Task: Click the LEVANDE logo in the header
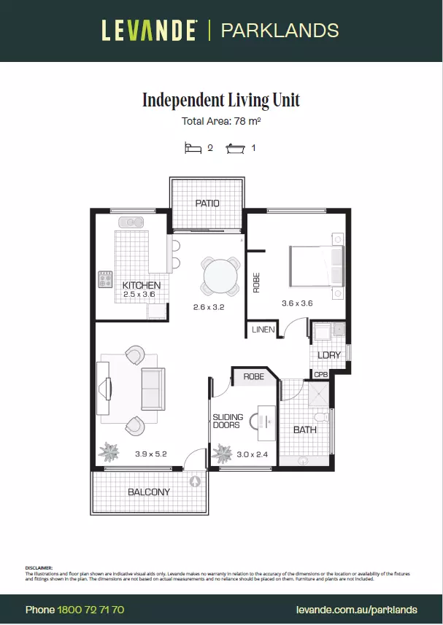[149, 31]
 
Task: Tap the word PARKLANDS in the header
[280, 31]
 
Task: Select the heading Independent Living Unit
[221, 100]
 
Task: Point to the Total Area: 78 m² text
[221, 122]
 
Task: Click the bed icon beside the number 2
[193, 147]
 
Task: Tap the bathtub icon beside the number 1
[236, 147]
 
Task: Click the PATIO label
[207, 203]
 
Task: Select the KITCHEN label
[142, 285]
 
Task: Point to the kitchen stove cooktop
[105, 279]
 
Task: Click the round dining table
[220, 276]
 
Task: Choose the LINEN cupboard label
[263, 330]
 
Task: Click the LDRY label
[329, 355]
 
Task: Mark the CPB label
[320, 374]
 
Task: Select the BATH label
[304, 430]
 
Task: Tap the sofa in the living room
[153, 389]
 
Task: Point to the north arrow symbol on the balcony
[196, 481]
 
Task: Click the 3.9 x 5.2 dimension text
[150, 454]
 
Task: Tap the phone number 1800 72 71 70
[90, 609]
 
